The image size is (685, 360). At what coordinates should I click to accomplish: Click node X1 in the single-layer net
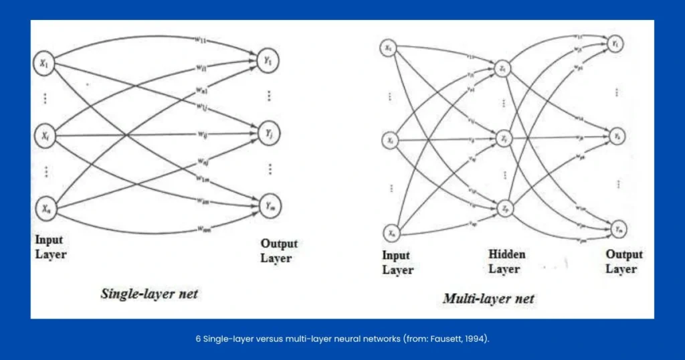point(45,65)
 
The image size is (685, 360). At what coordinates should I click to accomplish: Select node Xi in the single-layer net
point(45,136)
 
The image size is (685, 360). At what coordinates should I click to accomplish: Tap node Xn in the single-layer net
point(45,209)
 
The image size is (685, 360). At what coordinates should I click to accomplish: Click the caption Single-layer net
point(149,293)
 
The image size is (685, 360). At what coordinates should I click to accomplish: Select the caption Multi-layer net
point(488,298)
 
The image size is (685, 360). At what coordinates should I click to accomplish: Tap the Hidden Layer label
point(506,262)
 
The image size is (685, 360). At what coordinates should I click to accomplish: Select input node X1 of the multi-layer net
point(389,48)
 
